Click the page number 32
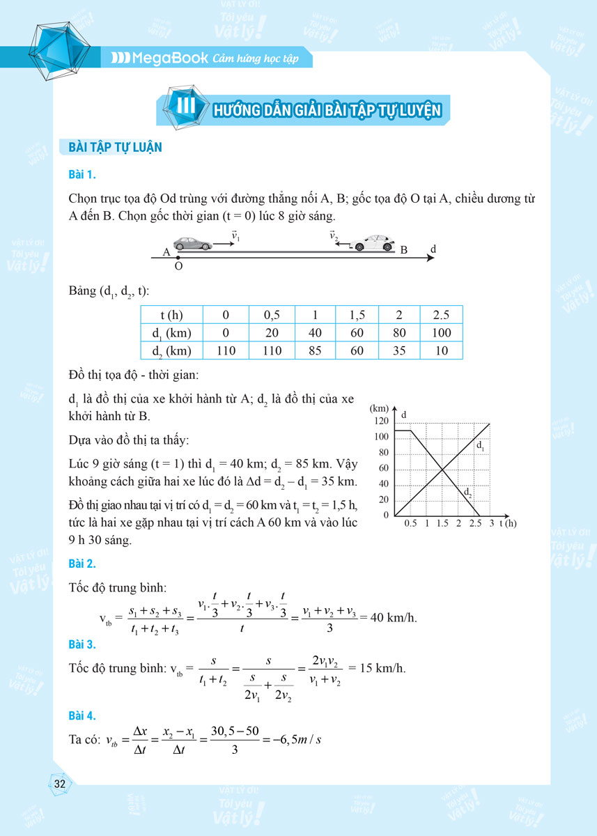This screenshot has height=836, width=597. (59, 784)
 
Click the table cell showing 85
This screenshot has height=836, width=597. (315, 350)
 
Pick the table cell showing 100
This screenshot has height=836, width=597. (442, 332)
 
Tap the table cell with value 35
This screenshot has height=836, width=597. (399, 350)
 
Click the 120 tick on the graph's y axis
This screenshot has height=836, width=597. (381, 421)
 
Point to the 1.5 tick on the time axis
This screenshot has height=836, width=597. (442, 523)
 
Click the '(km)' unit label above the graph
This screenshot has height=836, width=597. (380, 408)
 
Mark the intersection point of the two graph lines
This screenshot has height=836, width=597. (443, 469)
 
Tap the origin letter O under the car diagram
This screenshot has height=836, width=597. (178, 266)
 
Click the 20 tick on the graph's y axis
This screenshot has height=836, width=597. (383, 500)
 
